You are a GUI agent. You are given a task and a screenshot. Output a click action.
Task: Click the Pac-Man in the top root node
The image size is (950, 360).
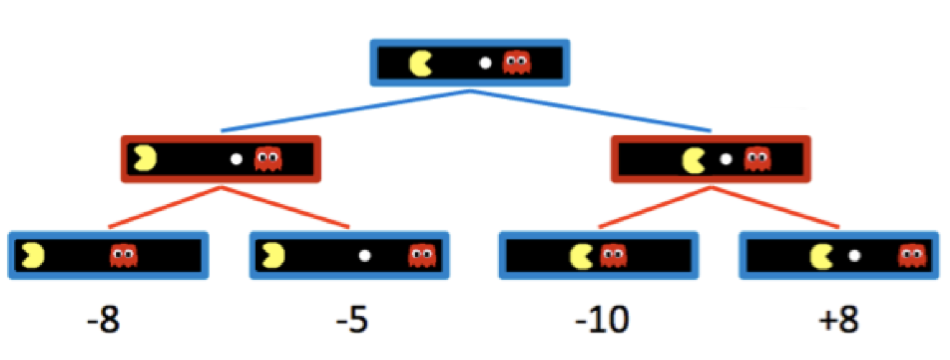tap(420, 63)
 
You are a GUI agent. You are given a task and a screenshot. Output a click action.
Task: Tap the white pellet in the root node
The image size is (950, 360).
tap(485, 63)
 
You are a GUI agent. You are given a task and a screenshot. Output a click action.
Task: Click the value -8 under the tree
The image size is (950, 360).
tap(103, 321)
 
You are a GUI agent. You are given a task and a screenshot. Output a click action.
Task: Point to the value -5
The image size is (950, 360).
tap(352, 321)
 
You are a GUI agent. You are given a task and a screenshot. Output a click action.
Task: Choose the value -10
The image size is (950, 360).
tap(601, 321)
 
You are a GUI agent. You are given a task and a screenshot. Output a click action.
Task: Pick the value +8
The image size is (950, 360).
tap(839, 321)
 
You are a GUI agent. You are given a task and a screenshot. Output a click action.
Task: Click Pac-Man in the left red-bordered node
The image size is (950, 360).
tap(145, 159)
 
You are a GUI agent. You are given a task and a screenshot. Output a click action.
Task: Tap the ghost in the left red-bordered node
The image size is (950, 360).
tap(268, 159)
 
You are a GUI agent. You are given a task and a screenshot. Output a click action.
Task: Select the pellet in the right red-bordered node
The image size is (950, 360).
tap(725, 159)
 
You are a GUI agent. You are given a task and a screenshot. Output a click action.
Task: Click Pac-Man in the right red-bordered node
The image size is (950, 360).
tap(693, 160)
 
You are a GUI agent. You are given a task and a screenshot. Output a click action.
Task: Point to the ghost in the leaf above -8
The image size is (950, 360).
tap(124, 255)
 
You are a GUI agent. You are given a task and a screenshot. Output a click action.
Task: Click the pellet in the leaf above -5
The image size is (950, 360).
tap(365, 255)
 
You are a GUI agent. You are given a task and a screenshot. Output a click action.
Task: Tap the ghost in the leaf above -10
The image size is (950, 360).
tap(613, 255)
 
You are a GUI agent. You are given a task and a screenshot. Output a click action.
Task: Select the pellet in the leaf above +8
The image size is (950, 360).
tap(855, 255)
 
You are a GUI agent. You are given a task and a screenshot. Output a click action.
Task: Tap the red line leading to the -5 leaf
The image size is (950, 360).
tap(286, 207)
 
